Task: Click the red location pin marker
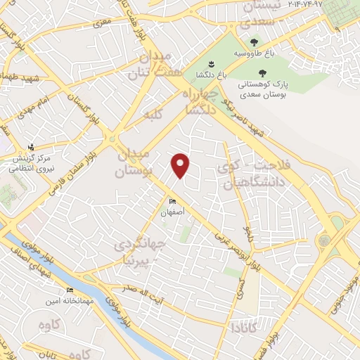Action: pyautogui.click(x=181, y=165)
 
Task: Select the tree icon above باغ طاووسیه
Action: pyautogui.click(x=263, y=41)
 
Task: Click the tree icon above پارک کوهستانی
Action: pyautogui.click(x=263, y=72)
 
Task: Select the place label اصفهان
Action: pyautogui.click(x=172, y=212)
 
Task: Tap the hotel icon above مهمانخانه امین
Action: pyautogui.click(x=70, y=290)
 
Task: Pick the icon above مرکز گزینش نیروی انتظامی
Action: pyautogui.click(x=30, y=147)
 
